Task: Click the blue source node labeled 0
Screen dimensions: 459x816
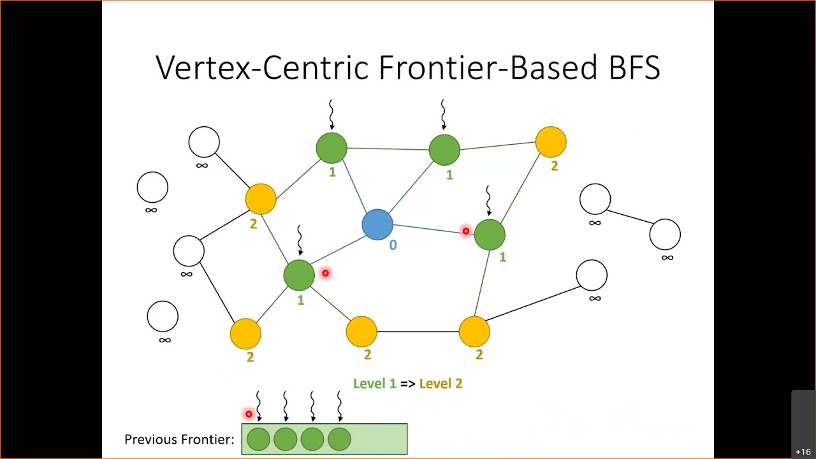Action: (x=377, y=224)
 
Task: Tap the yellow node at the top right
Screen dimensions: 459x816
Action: (x=551, y=142)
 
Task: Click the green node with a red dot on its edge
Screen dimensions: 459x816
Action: (x=490, y=234)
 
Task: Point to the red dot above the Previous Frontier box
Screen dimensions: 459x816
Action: (x=249, y=414)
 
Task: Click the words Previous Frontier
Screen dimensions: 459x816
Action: (x=179, y=439)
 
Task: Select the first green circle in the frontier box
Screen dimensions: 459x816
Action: (x=258, y=439)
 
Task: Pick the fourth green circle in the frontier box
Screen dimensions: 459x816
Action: (x=339, y=439)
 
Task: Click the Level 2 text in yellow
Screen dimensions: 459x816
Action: (x=441, y=384)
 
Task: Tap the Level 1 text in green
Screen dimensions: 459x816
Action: (x=374, y=384)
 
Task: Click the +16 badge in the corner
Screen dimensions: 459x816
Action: (x=803, y=452)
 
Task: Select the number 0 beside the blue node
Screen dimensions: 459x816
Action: (x=393, y=245)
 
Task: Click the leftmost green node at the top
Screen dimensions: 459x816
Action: (x=331, y=148)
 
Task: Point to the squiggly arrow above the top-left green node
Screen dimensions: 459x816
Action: (x=331, y=115)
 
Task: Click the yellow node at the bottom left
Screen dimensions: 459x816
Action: (x=245, y=333)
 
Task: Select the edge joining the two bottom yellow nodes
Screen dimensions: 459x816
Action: (x=418, y=331)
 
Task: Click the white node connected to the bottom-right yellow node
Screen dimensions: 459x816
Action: (x=592, y=275)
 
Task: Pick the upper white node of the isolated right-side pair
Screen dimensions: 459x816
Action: (x=595, y=200)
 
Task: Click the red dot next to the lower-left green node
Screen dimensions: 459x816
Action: (x=325, y=273)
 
